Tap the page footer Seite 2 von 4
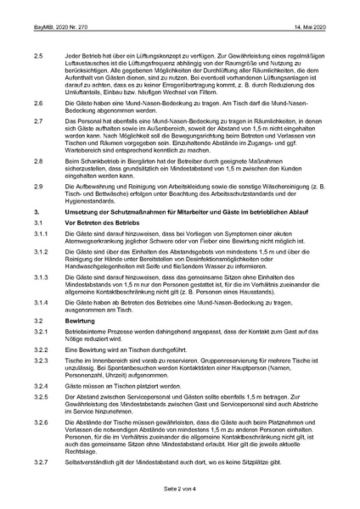pyautogui.click(x=180, y=490)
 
